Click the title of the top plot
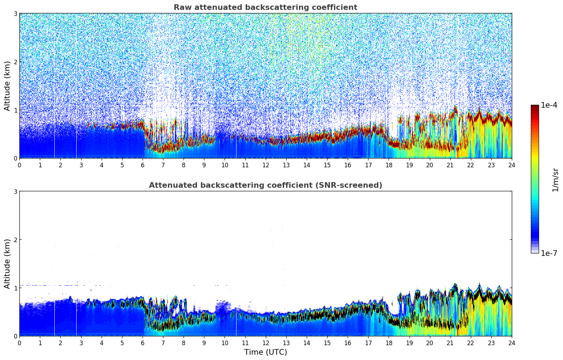click(265, 7)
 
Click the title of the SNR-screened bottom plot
click(265, 185)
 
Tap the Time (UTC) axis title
click(265, 352)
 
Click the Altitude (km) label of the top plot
click(7, 86)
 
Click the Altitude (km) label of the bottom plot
click(7, 264)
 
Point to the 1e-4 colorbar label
click(549, 105)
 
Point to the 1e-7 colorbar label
click(549, 253)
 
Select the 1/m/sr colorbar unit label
click(555, 180)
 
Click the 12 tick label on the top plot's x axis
click(265, 165)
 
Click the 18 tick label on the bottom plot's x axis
click(389, 343)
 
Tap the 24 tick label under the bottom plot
click(512, 343)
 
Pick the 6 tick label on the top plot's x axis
click(143, 165)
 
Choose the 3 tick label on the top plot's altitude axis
click(16, 13)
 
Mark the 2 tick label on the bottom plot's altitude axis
click(16, 240)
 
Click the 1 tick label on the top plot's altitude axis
click(16, 110)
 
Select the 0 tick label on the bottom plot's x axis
click(19, 343)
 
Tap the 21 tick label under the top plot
click(450, 165)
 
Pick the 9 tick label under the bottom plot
click(204, 343)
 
